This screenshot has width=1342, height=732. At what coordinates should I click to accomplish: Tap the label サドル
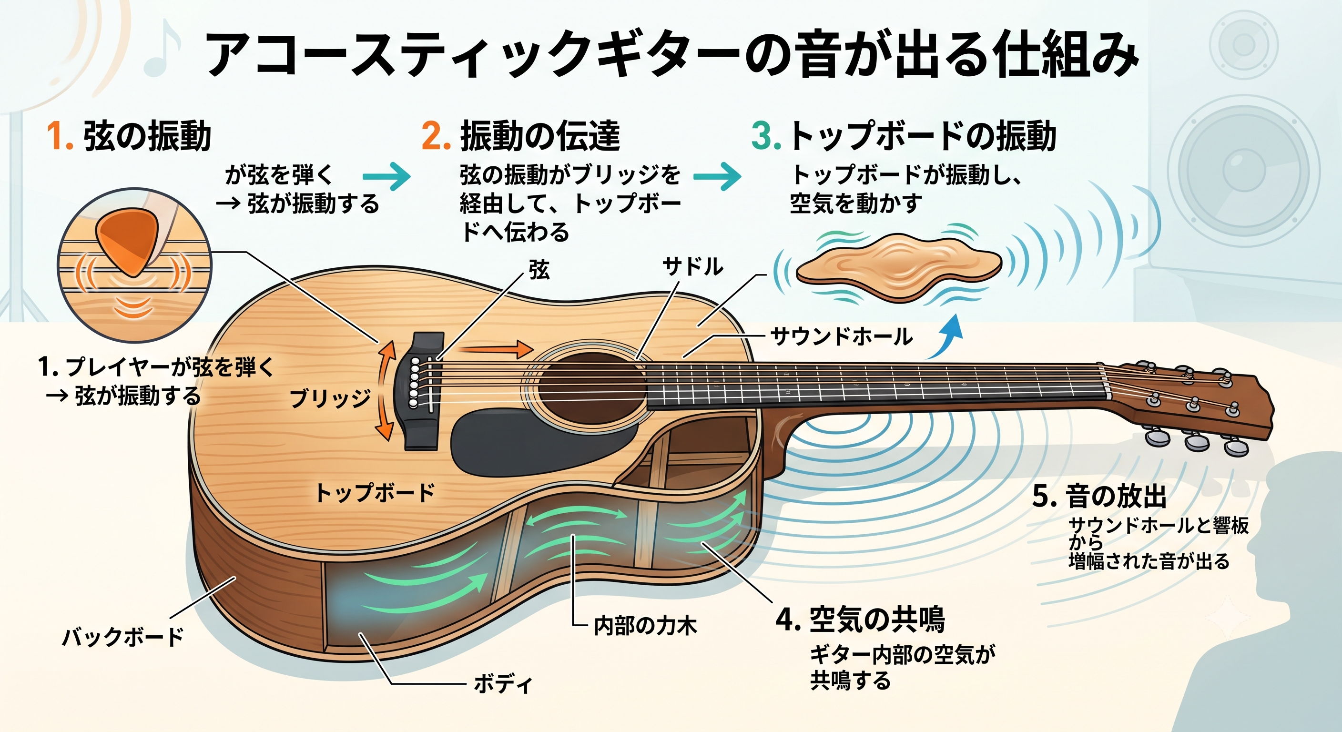(692, 267)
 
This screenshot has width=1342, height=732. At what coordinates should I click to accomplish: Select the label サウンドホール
(841, 336)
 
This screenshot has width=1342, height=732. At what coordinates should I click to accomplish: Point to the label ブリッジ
(330, 398)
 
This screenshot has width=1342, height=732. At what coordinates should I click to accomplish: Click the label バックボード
(123, 637)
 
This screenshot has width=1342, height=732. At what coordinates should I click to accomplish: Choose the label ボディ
(503, 683)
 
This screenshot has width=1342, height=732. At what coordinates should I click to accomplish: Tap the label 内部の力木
(645, 626)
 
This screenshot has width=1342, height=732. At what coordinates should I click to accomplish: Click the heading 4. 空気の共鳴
(860, 620)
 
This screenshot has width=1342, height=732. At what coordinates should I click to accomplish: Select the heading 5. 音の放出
(1099, 496)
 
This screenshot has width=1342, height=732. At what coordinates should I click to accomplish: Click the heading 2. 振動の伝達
(521, 136)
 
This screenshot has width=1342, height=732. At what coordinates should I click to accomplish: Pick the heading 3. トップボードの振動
(904, 136)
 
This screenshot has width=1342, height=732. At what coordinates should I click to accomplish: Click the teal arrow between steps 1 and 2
(386, 176)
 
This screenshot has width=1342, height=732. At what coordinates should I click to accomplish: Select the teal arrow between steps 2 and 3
(717, 176)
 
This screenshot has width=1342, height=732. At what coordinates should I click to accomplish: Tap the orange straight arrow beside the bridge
(497, 348)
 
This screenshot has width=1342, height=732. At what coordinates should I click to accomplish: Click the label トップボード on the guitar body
(375, 492)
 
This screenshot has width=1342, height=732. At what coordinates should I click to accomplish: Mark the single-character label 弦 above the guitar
(539, 270)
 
